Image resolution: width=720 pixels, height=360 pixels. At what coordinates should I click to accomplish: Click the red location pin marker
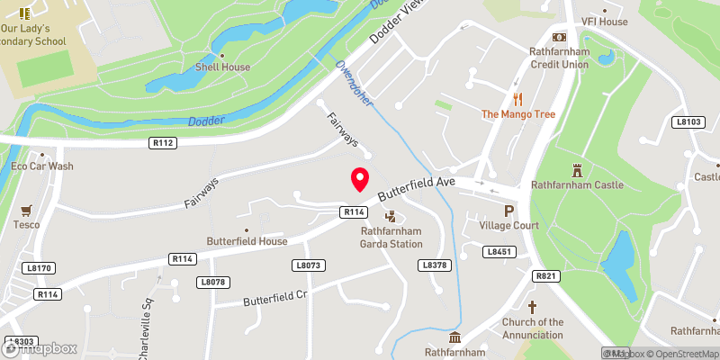point(360,179)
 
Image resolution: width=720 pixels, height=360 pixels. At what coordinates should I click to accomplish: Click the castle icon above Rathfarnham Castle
point(577,169)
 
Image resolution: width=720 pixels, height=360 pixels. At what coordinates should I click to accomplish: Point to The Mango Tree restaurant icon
point(517,99)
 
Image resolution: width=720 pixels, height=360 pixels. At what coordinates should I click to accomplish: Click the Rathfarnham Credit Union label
point(559,58)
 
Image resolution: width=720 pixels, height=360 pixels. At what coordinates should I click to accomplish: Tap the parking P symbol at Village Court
point(508,211)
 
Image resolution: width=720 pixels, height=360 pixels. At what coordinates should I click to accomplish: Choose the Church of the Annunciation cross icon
point(532,308)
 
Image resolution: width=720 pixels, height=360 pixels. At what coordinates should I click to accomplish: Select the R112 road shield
point(163,142)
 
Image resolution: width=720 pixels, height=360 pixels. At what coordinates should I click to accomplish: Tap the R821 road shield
point(545,275)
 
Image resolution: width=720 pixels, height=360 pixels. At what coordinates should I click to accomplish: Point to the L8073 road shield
point(308,265)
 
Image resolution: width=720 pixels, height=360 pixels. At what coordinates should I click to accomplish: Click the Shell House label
point(223,67)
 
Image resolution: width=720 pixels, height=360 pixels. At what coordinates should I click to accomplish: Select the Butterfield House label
point(247,241)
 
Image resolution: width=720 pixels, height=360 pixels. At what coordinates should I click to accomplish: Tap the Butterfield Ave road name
point(417,187)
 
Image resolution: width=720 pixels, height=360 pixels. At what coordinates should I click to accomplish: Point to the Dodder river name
point(202,121)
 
